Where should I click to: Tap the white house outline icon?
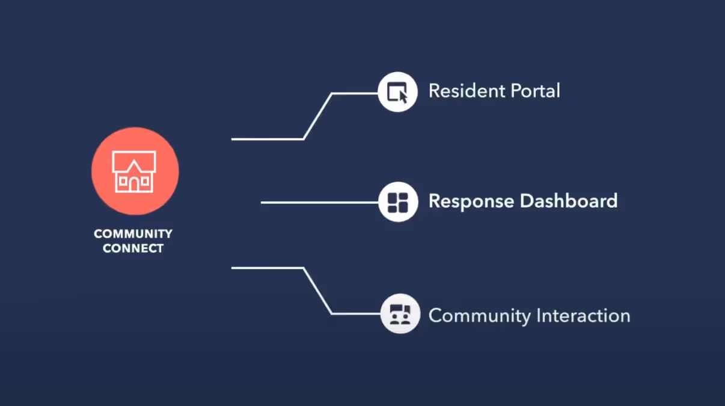click(134, 171)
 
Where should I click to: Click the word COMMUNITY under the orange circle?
click(133, 234)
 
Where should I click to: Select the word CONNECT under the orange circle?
click(133, 248)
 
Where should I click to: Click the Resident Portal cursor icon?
click(398, 92)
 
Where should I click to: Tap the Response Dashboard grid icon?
click(398, 202)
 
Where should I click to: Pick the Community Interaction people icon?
click(400, 314)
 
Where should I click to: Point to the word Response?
click(471, 201)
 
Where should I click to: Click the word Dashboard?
click(569, 200)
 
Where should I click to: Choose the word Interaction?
click(583, 315)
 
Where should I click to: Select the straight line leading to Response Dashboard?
click(319, 203)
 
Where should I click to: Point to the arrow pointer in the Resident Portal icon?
click(403, 96)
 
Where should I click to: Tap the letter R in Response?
click(435, 200)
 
